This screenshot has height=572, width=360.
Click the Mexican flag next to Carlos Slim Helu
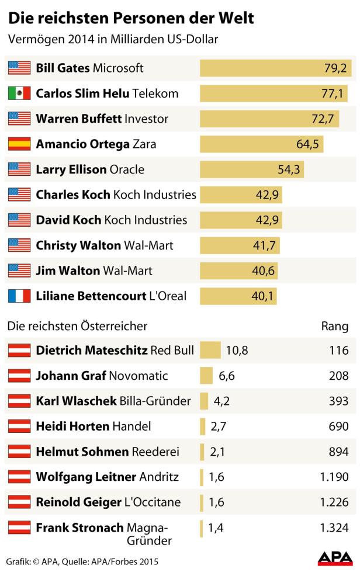click(19, 93)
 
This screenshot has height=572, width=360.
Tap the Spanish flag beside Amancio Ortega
click(19, 144)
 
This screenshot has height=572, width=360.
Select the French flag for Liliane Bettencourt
click(19, 296)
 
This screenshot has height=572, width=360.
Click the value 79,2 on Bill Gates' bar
click(335, 68)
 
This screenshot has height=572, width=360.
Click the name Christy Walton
click(78, 245)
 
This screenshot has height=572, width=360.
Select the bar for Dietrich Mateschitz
click(210, 351)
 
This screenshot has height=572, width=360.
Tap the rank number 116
click(338, 351)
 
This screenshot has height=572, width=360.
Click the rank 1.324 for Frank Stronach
click(334, 528)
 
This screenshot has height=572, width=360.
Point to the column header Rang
click(335, 326)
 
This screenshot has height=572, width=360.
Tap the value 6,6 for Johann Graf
click(227, 376)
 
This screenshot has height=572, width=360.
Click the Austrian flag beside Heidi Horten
click(19, 427)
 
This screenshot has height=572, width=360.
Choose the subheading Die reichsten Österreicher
click(77, 326)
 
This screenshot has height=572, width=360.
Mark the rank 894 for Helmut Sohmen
click(338, 452)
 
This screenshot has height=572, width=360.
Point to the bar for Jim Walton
click(238, 271)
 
